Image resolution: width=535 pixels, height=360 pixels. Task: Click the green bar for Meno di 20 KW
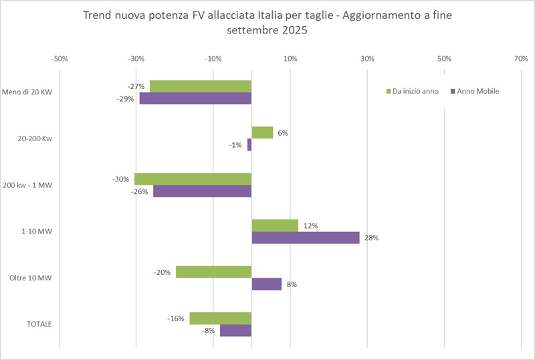[201, 86]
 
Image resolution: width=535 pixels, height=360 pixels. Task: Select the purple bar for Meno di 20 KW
[195, 98]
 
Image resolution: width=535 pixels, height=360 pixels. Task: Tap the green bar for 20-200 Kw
[262, 132]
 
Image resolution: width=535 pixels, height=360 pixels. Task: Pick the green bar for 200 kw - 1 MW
[193, 179]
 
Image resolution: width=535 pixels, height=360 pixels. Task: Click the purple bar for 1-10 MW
[305, 238]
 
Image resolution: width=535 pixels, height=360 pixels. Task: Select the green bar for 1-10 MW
[275, 226]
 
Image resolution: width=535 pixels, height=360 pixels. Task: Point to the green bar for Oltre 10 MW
[213, 272]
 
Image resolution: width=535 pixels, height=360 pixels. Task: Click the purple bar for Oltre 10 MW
[266, 284]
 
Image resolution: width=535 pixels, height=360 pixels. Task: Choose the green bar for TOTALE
[220, 318]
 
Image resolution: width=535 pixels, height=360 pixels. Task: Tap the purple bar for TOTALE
[235, 330]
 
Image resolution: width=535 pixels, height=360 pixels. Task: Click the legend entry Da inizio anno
[415, 91]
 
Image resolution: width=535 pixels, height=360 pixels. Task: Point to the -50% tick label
[60, 59]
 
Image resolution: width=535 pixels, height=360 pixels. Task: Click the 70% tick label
[521, 59]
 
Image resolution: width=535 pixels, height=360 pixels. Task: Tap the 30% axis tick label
[367, 59]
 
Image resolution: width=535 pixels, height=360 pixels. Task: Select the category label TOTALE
[39, 324]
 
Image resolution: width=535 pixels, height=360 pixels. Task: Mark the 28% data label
[370, 238]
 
